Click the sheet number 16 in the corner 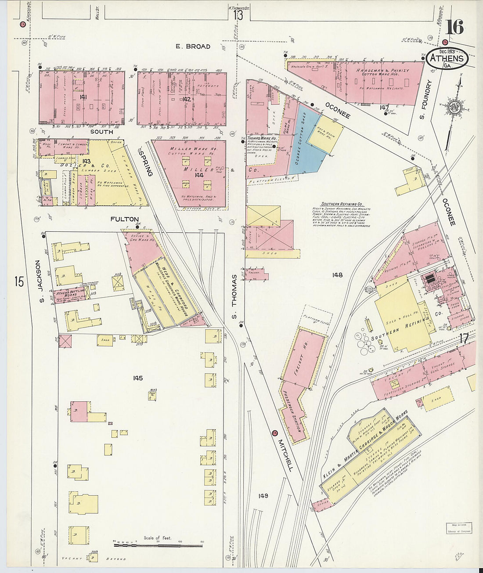(454, 27)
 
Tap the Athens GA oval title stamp (447, 59)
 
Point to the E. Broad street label (193, 47)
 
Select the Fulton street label (125, 219)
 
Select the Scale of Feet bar (158, 544)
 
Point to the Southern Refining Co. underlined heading (342, 204)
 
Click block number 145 (138, 378)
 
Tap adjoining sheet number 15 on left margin (18, 281)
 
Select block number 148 (337, 275)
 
